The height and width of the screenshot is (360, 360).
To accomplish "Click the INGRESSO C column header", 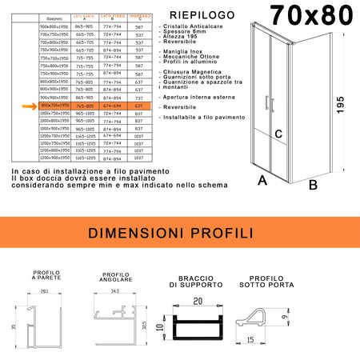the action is [139, 18].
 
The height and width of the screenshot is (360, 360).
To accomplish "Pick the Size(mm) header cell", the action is [54, 17].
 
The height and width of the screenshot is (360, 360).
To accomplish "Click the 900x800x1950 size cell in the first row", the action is [54, 26].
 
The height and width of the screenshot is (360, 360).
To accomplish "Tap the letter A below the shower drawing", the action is [262, 181].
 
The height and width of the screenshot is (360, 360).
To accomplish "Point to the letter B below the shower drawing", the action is [313, 185].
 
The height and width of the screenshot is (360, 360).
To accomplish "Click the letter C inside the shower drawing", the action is [279, 134].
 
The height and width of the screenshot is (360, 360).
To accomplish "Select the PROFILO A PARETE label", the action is [47, 275].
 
